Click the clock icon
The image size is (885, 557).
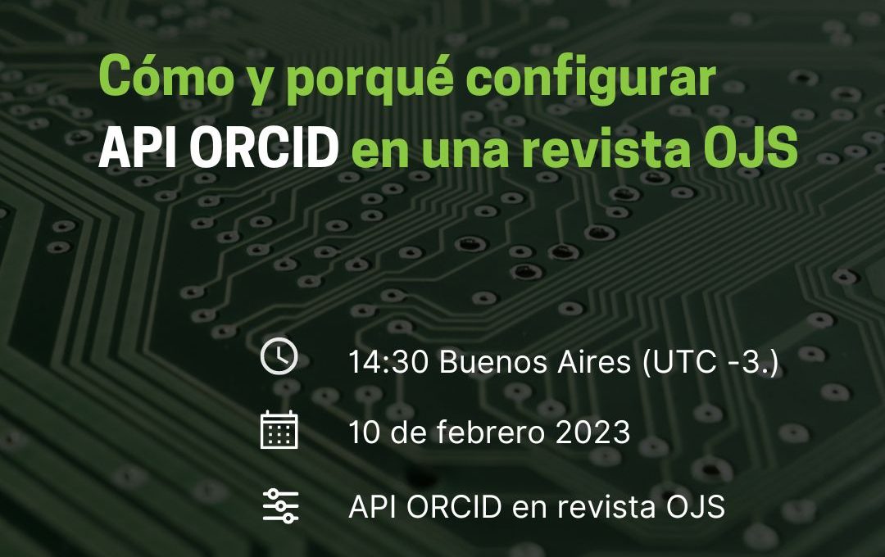[x=279, y=356]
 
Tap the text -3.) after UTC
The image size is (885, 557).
[x=749, y=361]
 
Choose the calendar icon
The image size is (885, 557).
[x=279, y=431]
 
